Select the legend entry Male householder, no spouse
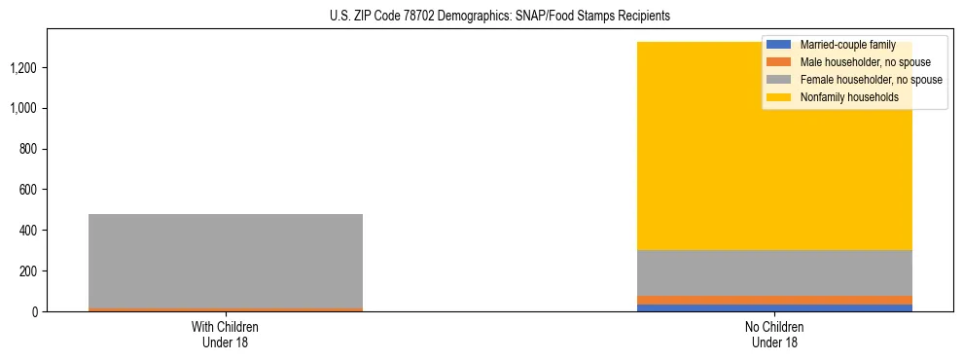point(864,62)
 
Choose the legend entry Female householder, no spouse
point(871,80)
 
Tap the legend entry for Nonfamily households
point(849,97)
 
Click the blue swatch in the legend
point(779,45)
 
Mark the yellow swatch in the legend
point(779,97)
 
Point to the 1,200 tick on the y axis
point(24,68)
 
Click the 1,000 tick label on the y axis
point(24,108)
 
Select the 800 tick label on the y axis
point(29,149)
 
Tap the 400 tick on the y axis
point(29,231)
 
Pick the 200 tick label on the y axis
point(29,270)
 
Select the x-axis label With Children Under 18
point(226,334)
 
